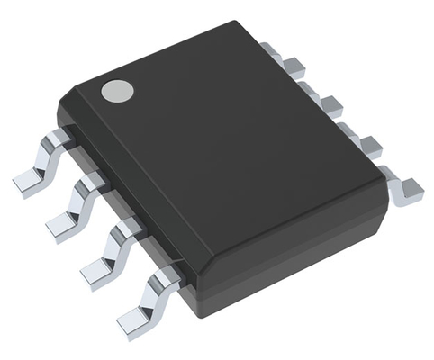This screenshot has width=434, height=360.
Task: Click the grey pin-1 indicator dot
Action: tap(116, 90)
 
